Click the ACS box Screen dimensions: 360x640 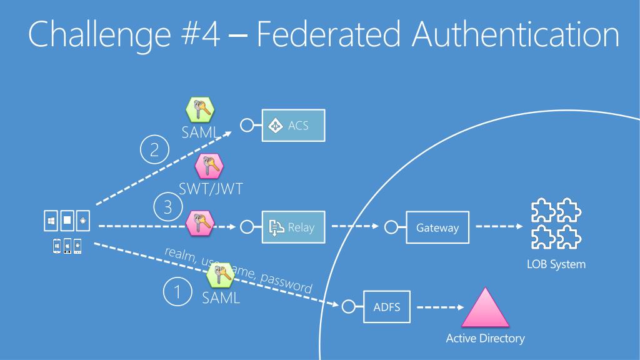(x=293, y=126)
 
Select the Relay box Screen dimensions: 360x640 (x=293, y=227)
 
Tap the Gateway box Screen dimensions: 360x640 (x=437, y=227)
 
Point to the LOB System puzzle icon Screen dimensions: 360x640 (x=556, y=226)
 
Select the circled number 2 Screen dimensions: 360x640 (x=154, y=151)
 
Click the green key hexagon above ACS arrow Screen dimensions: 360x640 (x=201, y=110)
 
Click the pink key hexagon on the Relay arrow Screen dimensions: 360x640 (x=200, y=222)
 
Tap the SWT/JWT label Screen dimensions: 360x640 (x=211, y=189)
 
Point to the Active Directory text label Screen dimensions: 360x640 (x=485, y=339)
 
